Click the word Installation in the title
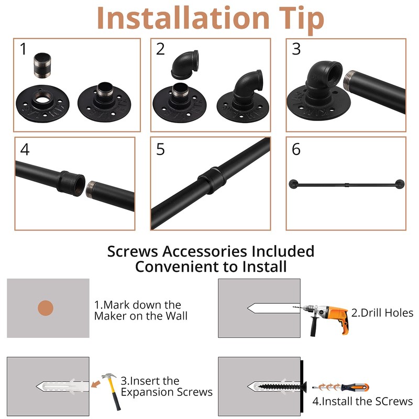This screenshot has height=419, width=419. coord(183,18)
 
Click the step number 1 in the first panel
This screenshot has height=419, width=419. coord(23,49)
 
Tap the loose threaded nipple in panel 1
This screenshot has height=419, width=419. coord(42,65)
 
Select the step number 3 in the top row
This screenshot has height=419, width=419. coord(296,49)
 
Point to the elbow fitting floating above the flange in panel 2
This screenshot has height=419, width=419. coord(185,64)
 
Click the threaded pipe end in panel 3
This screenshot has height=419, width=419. coord(349,80)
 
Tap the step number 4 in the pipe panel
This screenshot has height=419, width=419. coord(25,149)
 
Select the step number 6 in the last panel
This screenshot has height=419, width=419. coord(296,149)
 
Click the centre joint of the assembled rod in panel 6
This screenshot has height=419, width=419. coord(347,185)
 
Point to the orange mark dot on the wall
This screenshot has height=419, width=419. coord(46,308)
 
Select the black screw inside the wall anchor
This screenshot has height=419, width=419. coord(282,387)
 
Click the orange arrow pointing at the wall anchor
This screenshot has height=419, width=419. coord(96,384)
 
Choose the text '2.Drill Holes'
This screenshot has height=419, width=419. coord(382,313)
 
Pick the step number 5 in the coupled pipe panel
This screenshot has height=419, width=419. coord(160,149)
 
